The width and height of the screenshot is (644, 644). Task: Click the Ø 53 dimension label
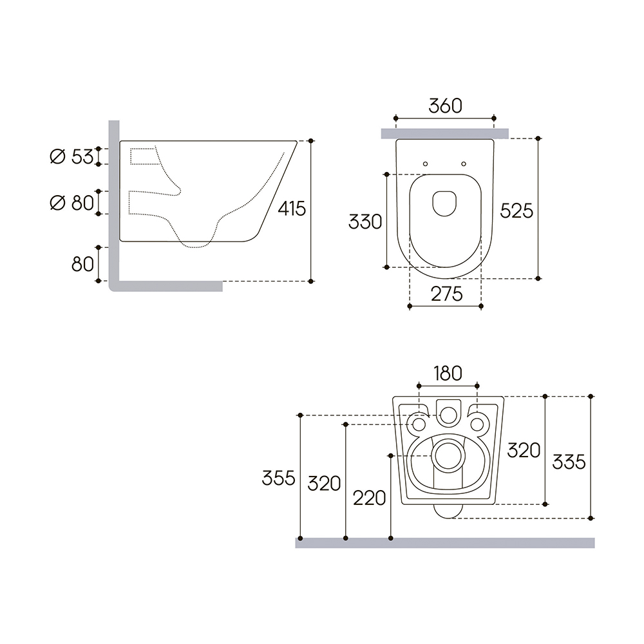tap(71, 156)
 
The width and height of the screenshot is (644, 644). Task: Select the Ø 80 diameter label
tap(71, 203)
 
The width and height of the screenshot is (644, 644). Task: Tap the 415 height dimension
tap(292, 209)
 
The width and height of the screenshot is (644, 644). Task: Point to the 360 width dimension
tap(445, 106)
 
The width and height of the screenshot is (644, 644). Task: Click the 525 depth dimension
tap(516, 211)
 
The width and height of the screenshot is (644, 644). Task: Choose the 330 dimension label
tap(365, 222)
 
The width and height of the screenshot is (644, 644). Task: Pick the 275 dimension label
tap(446, 294)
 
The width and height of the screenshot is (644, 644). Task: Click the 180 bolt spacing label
tap(448, 374)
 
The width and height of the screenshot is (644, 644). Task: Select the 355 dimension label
tap(278, 478)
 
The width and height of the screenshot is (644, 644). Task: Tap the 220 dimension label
tap(369, 498)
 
